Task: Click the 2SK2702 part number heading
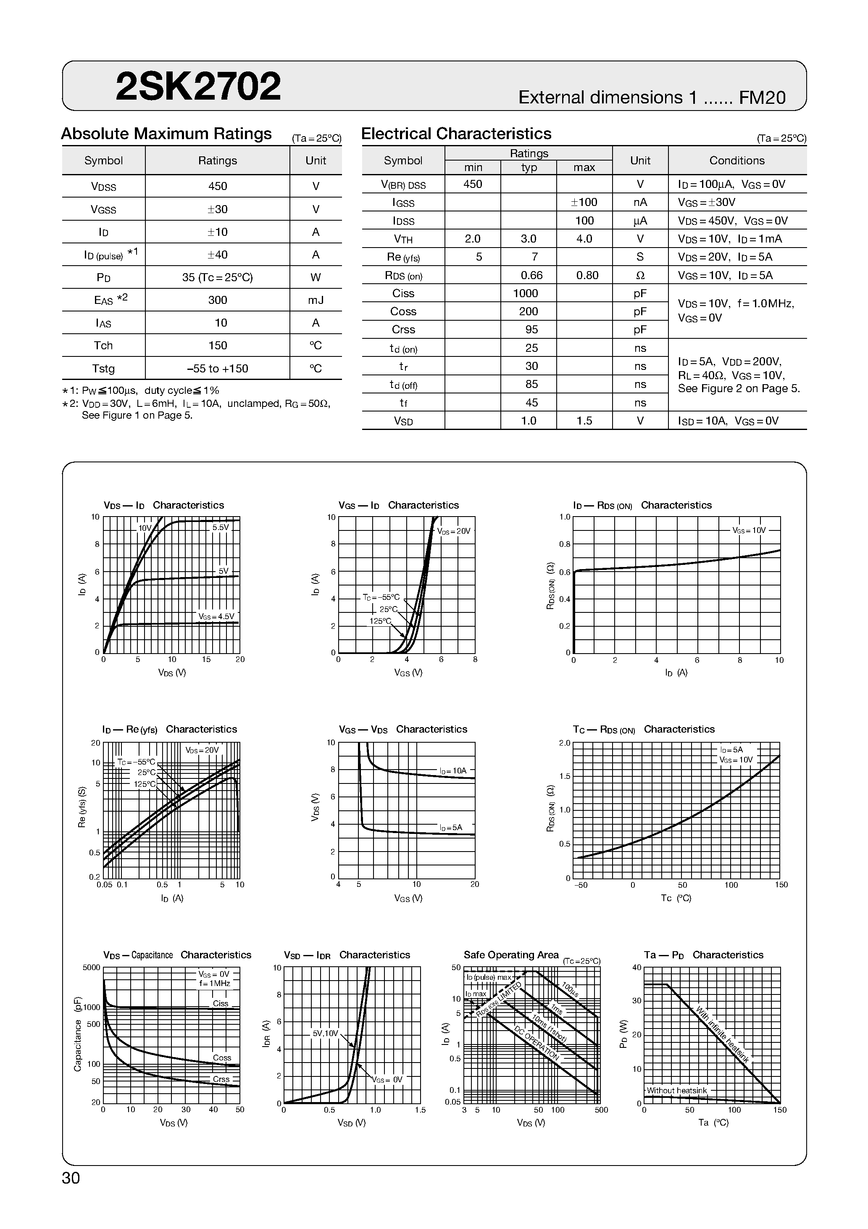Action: point(198,87)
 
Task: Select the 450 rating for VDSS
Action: point(217,186)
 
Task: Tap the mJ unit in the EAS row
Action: point(316,300)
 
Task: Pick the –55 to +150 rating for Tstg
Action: point(217,369)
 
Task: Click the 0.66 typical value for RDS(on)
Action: point(531,275)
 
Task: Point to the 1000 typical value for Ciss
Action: point(528,293)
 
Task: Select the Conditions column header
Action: point(736,161)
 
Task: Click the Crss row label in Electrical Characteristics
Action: point(403,330)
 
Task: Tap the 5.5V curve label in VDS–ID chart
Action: point(221,527)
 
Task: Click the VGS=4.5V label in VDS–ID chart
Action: point(217,616)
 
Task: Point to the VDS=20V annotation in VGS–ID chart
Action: point(454,531)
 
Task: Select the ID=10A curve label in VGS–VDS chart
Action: point(453,771)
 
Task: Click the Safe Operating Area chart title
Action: point(510,955)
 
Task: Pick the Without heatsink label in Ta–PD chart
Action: point(676,1090)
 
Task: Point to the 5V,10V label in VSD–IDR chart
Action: point(325,1033)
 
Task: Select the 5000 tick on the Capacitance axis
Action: point(92,967)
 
